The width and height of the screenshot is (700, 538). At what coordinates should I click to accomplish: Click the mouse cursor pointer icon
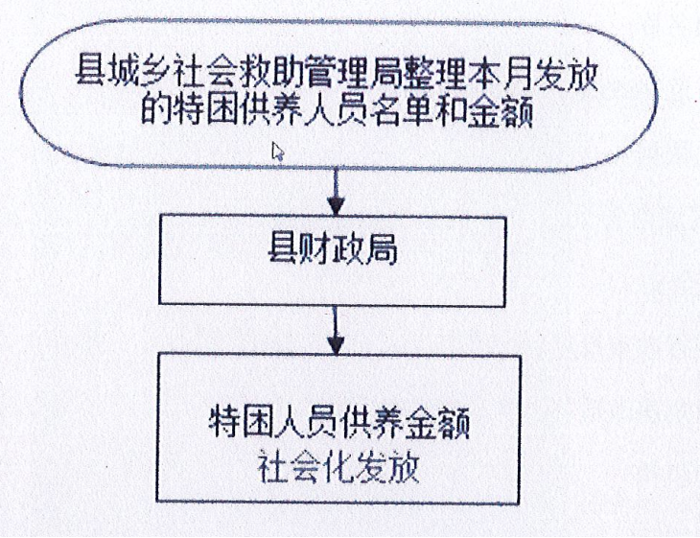pyautogui.click(x=278, y=152)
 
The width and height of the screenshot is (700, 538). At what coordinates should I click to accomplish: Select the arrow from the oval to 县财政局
pyautogui.click(x=336, y=192)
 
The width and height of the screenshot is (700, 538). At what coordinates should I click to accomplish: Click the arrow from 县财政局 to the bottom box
pyautogui.click(x=336, y=331)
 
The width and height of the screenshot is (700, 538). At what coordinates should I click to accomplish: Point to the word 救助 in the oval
pyautogui.click(x=271, y=71)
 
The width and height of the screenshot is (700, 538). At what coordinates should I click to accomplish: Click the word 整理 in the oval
pyautogui.click(x=434, y=71)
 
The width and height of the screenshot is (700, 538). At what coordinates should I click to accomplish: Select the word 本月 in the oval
pyautogui.click(x=499, y=71)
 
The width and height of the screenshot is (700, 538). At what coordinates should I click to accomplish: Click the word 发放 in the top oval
pyautogui.click(x=564, y=71)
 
